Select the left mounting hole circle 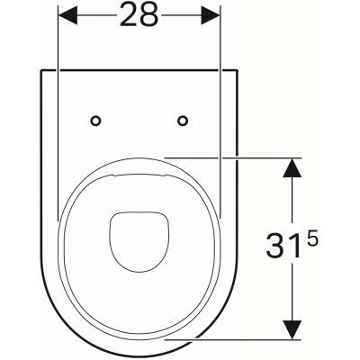pos(96,120)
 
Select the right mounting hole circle pos(183,120)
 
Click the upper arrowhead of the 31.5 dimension pos(292,166)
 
